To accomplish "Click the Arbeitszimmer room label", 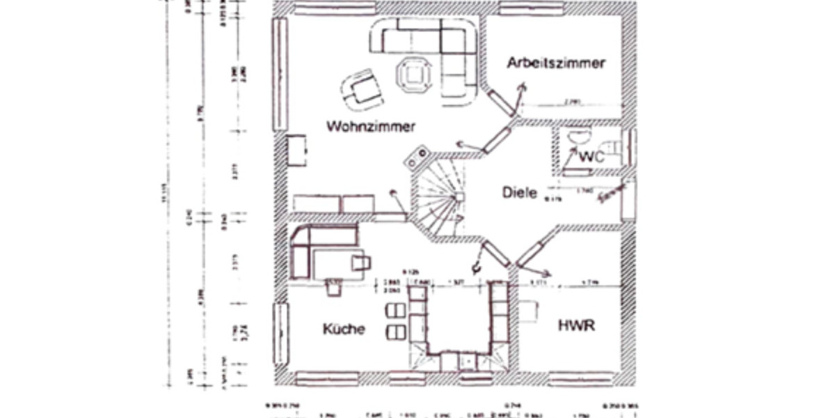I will (555, 63).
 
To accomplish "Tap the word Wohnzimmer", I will (370, 127).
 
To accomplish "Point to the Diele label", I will (520, 192).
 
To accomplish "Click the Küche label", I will (343, 329).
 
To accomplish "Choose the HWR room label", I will (576, 325).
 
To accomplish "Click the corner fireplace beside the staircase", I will (417, 157).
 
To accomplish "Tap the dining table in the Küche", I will (337, 263).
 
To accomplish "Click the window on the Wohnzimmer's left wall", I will (280, 73).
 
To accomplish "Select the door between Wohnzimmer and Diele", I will (495, 139).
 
